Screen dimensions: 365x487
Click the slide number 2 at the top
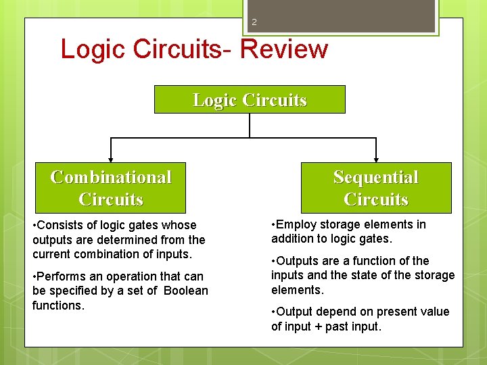254,22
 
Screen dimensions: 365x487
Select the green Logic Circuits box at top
250,99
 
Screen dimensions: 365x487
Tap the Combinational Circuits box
110,188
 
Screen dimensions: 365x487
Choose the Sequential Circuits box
375,188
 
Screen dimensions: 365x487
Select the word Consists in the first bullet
59,225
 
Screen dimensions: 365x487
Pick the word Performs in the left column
62,276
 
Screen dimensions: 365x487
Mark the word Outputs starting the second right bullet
300,261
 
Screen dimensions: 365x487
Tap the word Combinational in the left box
110,177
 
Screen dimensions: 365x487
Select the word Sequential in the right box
375,177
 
